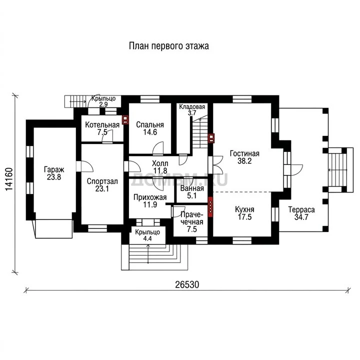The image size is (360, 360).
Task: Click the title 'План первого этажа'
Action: coord(169,46)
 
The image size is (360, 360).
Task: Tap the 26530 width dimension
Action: coord(187,284)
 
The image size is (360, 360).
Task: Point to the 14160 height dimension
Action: coord(9,179)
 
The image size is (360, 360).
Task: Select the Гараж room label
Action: coord(54,170)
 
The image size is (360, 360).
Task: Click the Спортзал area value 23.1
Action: coord(102,188)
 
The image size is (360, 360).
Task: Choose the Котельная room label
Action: coord(102,125)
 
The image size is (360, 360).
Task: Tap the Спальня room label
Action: coord(150,125)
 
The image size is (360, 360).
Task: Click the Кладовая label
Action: coord(192,107)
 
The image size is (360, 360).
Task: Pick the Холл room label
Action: coord(160,163)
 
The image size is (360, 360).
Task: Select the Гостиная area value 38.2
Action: coord(244,161)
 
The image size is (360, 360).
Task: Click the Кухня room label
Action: coord(244,209)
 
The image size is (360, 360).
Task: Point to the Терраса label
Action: coord(301,210)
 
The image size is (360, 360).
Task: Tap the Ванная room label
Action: coord(192,188)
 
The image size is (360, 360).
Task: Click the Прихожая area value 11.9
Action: coord(150,204)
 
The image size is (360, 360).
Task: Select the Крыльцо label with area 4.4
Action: coord(147,232)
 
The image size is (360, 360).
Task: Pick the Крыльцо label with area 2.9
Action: coord(103,98)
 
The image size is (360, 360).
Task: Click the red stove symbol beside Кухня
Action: coord(210,206)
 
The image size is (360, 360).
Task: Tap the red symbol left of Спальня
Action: coord(125,119)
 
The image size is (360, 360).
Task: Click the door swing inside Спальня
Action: coord(158,148)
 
